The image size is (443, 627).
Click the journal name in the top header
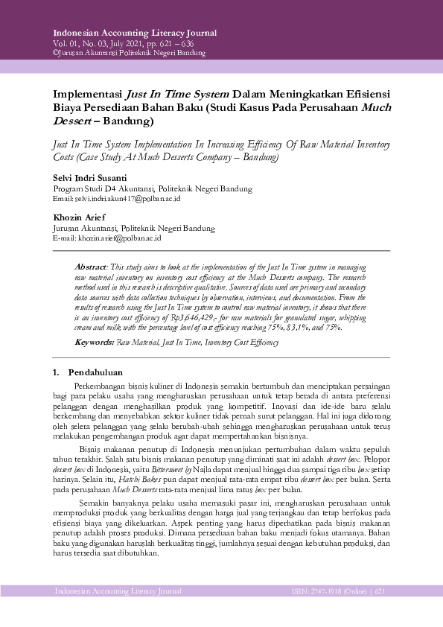pyautogui.click(x=135, y=34)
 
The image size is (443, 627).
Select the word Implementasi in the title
pyautogui.click(x=87, y=95)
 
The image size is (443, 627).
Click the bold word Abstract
pyautogui.click(x=91, y=267)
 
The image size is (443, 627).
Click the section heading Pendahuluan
pyautogui.click(x=95, y=372)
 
